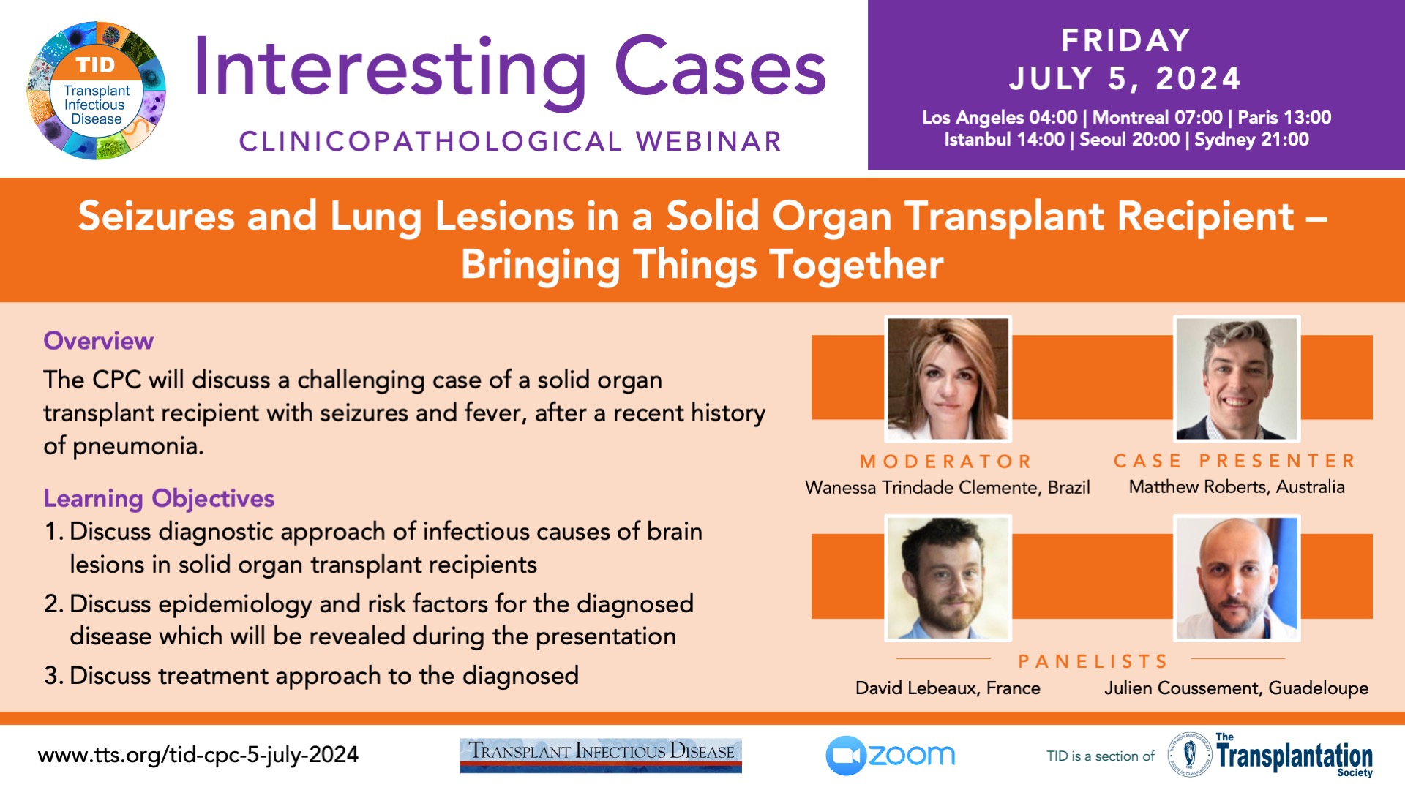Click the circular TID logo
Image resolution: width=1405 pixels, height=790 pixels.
point(96,90)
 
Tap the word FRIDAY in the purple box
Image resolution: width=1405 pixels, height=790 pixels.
point(1125,41)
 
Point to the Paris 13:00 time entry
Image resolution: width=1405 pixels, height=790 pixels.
point(1284,117)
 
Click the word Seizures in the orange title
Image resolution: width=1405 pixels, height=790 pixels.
point(156,217)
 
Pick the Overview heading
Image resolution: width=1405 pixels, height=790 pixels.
point(98,341)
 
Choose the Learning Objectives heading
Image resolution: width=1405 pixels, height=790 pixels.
point(159,499)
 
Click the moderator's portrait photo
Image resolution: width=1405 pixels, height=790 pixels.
point(948,378)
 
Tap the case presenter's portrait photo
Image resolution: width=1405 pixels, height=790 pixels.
point(1237,378)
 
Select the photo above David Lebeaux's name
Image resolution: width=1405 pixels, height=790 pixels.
point(948,578)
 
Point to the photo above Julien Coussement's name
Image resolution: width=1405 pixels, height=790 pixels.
point(1237,578)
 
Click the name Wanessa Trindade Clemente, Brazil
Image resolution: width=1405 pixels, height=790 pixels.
point(948,488)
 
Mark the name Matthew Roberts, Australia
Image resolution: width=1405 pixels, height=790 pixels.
point(1237,487)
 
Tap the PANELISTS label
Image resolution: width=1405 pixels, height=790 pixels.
point(1093,661)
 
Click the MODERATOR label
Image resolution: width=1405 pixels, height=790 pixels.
point(945,462)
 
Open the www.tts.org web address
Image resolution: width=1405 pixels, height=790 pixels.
point(198,755)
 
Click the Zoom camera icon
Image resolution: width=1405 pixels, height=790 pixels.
point(846,756)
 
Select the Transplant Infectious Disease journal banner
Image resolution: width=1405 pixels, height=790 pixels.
point(601,756)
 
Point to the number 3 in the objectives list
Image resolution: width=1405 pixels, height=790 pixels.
point(51,676)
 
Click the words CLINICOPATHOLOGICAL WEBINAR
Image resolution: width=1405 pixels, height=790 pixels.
point(511,142)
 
